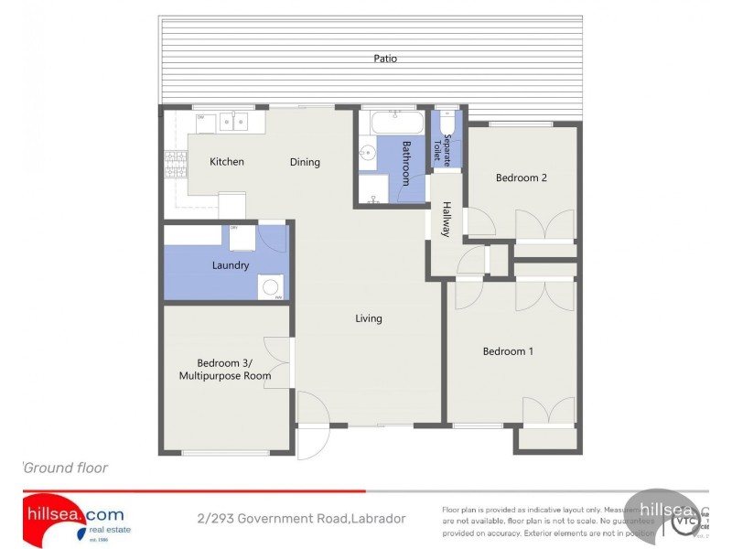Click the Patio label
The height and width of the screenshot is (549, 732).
coord(385,59)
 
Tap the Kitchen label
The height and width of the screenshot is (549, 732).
coord(227,162)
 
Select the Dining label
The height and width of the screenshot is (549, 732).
coord(305,162)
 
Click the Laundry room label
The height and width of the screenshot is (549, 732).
coord(231,265)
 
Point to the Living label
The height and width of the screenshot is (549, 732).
coord(369,318)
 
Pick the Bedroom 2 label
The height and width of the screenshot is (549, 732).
coord(522,178)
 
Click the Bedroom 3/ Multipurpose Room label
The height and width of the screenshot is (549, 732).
coord(225,368)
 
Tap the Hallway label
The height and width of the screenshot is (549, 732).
coord(447,220)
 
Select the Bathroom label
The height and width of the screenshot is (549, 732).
coord(407,163)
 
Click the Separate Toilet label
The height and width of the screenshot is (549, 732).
coord(447,148)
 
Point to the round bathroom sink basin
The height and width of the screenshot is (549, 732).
coord(366,153)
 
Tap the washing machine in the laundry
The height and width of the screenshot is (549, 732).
coord(270,287)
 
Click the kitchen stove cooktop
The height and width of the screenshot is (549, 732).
coord(172,165)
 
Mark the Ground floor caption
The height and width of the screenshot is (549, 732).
coord(66,468)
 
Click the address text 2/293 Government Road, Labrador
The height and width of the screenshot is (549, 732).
coord(301,519)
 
